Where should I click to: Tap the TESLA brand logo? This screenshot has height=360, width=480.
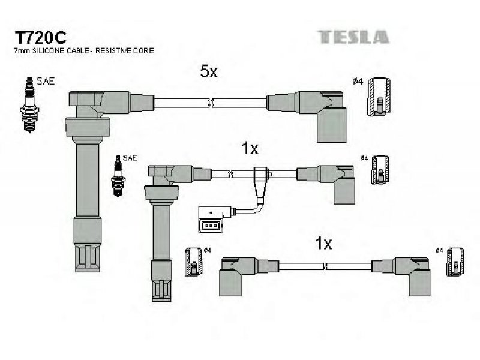(353, 37)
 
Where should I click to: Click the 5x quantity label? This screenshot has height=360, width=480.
(209, 72)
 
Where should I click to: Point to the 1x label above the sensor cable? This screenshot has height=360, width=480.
(250, 148)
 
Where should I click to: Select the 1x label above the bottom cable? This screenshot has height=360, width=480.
(323, 243)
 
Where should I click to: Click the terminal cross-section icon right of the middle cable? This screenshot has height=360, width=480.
(380, 170)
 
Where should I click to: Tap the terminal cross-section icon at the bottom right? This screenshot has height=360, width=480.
(455, 262)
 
